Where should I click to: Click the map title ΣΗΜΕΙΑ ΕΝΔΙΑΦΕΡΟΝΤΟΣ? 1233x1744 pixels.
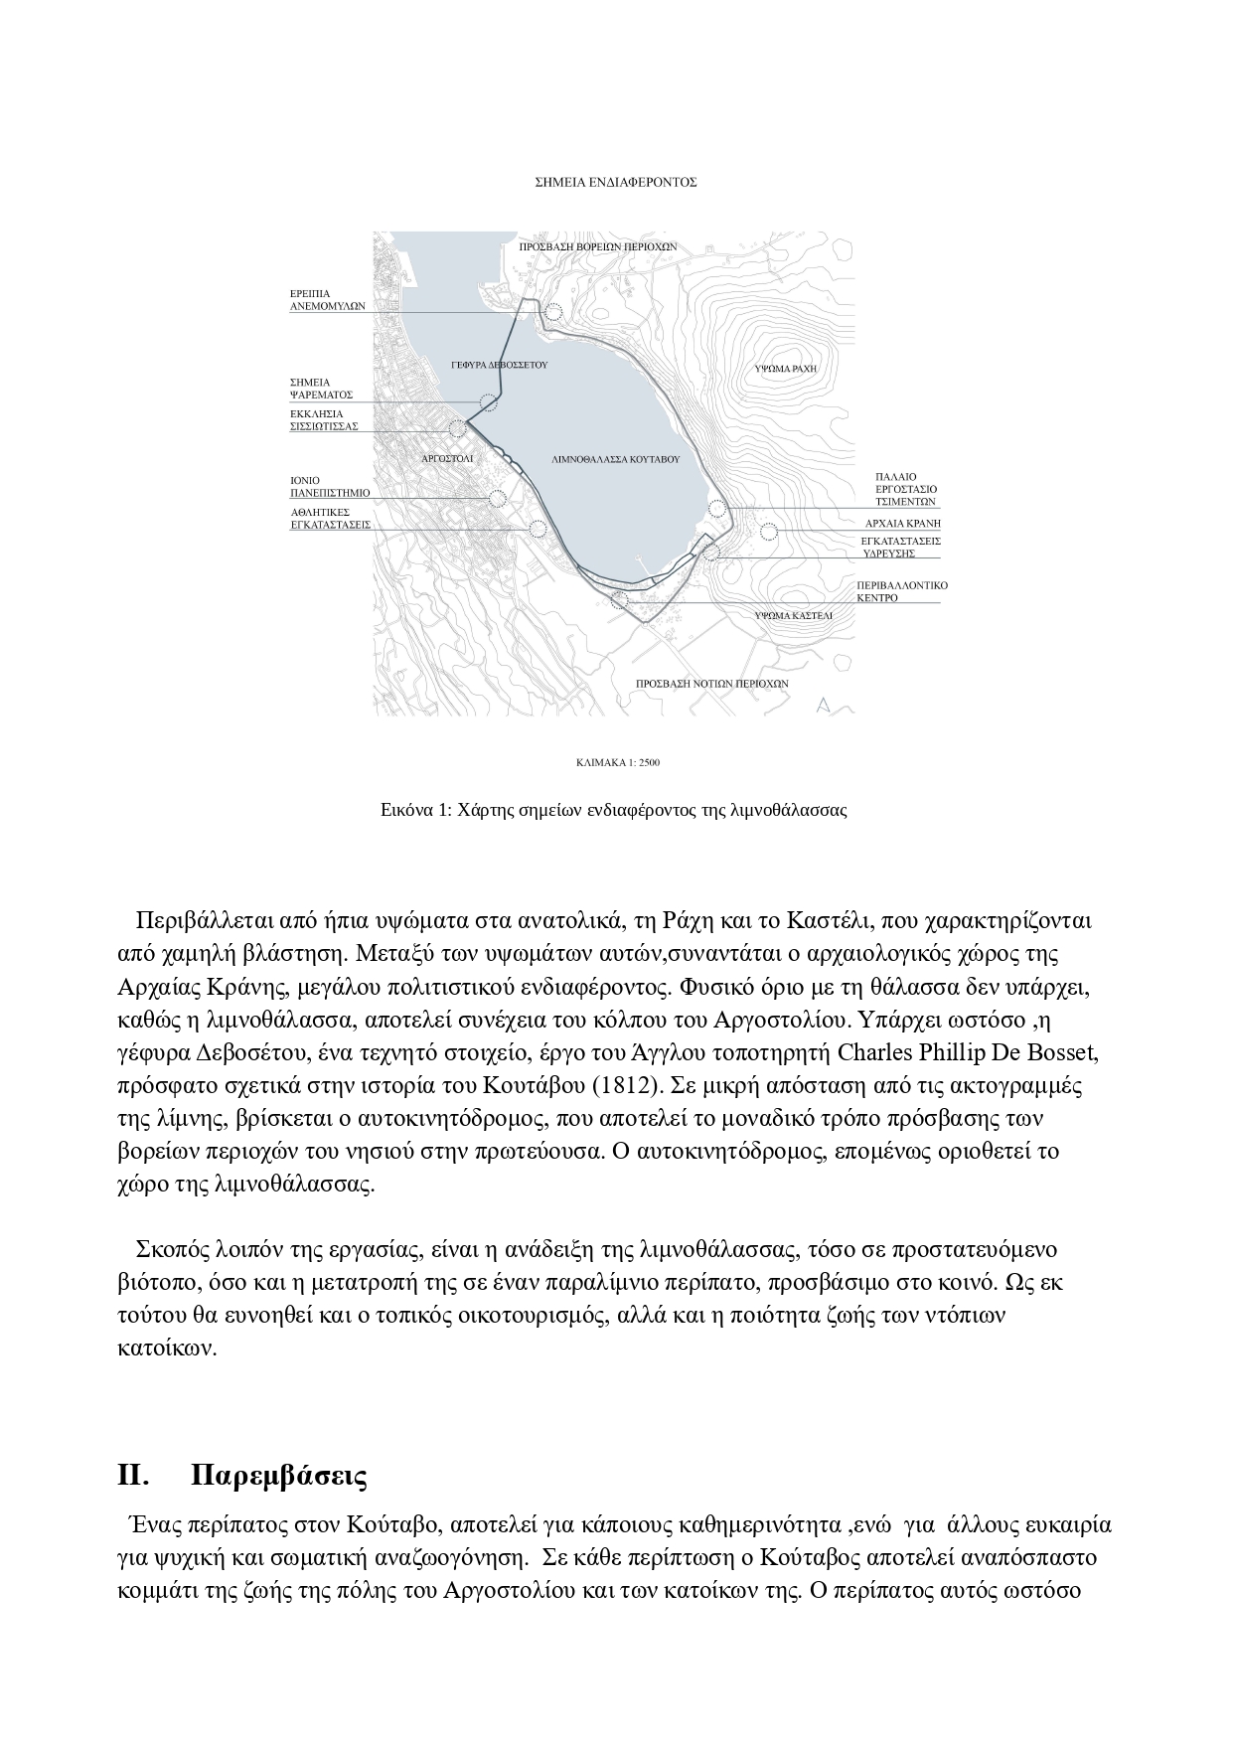[615, 183]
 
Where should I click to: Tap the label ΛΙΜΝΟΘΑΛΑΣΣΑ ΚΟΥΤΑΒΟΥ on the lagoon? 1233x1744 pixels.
[615, 460]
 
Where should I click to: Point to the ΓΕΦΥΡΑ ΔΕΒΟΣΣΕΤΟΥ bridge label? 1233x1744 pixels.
[500, 366]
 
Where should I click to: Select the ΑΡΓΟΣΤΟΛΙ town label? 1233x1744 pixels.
[447, 460]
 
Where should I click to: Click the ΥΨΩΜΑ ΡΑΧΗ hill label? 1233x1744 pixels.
[785, 368]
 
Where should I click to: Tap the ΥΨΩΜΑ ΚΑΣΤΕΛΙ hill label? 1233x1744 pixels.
[792, 616]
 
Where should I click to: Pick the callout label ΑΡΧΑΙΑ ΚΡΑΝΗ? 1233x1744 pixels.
[902, 523]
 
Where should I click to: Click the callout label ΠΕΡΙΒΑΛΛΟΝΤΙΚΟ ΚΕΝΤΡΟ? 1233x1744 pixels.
[902, 591]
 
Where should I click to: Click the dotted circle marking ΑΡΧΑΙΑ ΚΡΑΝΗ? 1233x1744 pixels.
[768, 531]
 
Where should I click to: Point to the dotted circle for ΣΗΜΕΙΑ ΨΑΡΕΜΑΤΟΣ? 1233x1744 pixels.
[488, 401]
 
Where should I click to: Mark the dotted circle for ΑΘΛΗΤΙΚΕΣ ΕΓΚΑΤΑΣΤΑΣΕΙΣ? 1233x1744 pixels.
[539, 529]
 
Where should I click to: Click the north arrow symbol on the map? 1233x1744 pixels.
[822, 706]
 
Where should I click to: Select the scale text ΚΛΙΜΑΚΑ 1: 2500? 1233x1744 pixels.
[617, 763]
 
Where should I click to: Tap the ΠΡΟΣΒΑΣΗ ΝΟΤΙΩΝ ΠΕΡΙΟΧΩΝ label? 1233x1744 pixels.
[711, 684]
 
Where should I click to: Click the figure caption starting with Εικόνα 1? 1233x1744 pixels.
[614, 810]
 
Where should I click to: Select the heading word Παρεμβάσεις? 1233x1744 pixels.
[278, 1476]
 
